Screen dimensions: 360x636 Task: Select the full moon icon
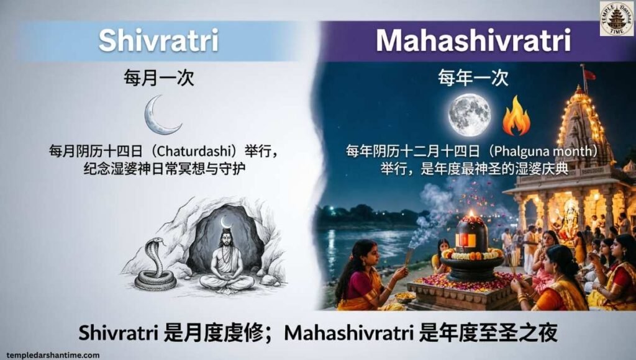pos(470,114)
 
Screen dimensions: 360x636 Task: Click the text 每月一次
pos(159,78)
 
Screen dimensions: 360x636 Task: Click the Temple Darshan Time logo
pos(616,19)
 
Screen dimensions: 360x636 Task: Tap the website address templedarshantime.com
pos(53,355)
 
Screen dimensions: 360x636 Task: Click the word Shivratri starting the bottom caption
pos(118,333)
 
